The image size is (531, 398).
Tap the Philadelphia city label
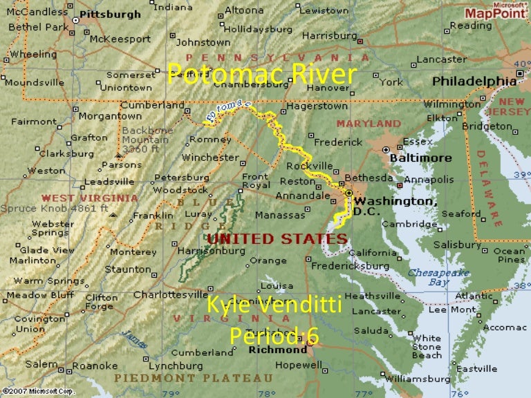pyautogui.click(x=474, y=82)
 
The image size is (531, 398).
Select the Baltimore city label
pyautogui.click(x=425, y=158)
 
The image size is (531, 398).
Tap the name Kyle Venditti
pyautogui.click(x=274, y=305)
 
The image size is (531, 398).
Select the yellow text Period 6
pyautogui.click(x=274, y=336)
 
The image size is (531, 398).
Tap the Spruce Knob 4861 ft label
pyautogui.click(x=55, y=207)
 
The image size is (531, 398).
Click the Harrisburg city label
pyautogui.click(x=329, y=35)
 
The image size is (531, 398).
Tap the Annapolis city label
pyautogui.click(x=430, y=179)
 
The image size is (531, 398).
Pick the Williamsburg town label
pyautogui.click(x=419, y=379)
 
